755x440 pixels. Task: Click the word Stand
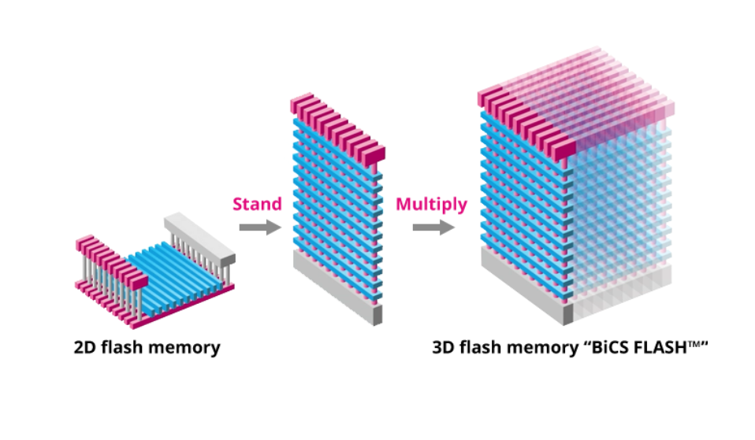click(257, 205)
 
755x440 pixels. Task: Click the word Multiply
click(431, 205)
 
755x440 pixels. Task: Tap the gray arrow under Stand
click(259, 227)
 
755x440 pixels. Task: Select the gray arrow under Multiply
click(433, 227)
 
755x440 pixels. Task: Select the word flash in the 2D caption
click(128, 347)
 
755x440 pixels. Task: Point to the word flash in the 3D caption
click(486, 347)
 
